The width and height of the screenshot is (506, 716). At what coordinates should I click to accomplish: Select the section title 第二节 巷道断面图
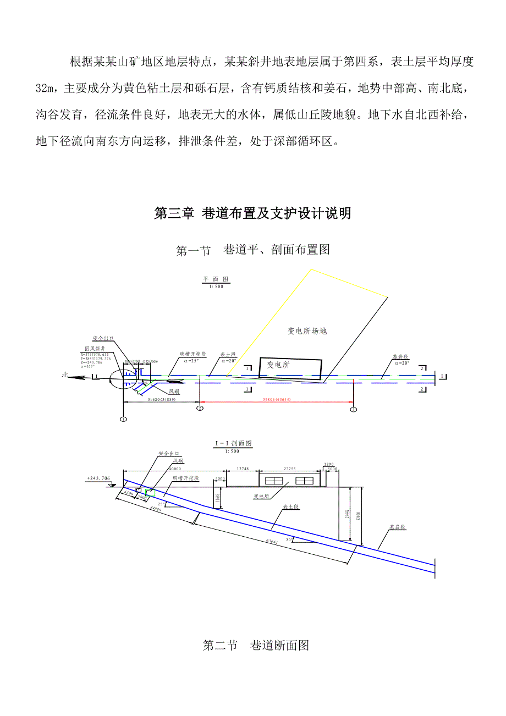coord(256,646)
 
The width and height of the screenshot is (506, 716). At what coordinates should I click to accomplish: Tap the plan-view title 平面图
coord(216,279)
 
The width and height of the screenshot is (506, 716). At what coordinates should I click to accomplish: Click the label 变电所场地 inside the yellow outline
coord(307,331)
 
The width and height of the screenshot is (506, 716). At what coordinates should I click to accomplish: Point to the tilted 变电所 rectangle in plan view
coord(290,368)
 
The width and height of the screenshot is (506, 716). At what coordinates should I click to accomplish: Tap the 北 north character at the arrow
coord(65,374)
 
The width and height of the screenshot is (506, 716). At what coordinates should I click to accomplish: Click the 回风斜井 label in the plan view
coord(94,349)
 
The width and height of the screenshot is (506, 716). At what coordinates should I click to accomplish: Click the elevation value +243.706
coord(98,479)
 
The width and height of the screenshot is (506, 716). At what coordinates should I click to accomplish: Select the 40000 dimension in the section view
coord(175,469)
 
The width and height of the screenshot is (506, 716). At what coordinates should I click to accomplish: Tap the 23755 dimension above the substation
coord(290,469)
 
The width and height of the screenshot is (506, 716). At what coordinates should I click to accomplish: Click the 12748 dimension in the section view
coord(243,469)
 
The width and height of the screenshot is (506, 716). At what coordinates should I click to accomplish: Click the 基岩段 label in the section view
coord(398,526)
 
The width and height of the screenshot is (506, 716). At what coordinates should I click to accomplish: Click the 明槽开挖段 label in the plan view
coord(193,355)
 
